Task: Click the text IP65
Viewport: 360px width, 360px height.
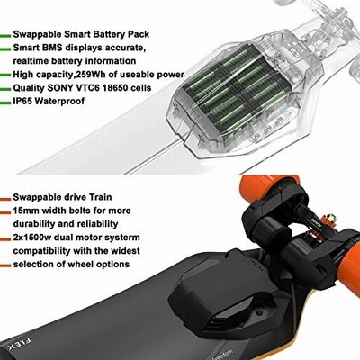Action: (x=22, y=101)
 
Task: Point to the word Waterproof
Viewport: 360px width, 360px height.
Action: (x=59, y=102)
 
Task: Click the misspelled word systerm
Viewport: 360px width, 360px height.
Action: (x=122, y=238)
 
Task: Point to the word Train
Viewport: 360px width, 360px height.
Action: (x=101, y=197)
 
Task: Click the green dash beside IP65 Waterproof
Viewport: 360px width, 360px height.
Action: (x=5, y=103)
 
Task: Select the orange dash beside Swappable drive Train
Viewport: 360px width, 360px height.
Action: (x=5, y=199)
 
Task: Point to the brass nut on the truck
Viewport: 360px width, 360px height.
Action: (x=330, y=218)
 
